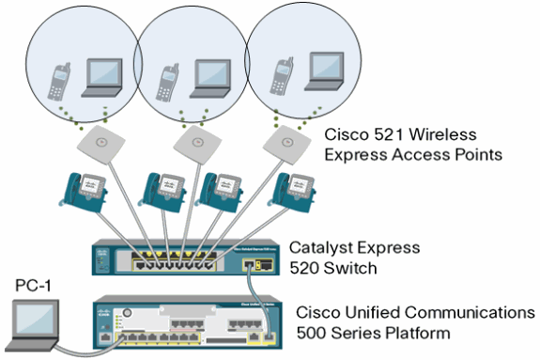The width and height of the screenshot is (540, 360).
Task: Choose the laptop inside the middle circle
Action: (210, 76)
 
